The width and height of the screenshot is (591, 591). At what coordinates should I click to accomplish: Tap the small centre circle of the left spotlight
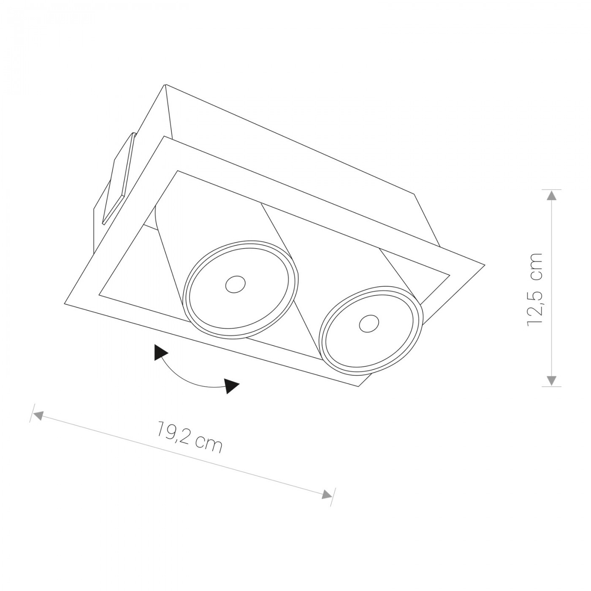coord(235,285)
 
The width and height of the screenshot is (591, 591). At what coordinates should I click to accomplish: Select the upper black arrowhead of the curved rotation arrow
coord(161,356)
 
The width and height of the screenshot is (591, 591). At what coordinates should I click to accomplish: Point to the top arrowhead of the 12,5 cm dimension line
coord(552,196)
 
